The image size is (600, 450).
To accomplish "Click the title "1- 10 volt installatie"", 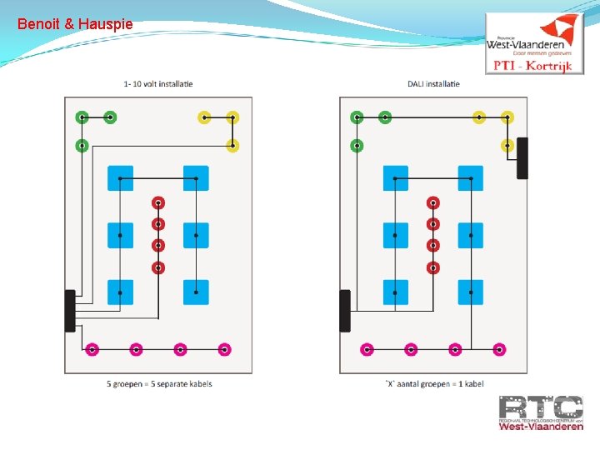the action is click(157, 83).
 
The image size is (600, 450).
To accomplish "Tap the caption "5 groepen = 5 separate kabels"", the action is click(159, 384).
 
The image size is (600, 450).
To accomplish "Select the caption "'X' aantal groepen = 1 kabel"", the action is click(433, 384).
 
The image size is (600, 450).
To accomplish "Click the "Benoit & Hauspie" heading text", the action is click(74, 24).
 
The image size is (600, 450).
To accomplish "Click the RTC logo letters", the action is click(541, 408).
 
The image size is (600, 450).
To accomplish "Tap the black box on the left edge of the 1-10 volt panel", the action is click(70, 311).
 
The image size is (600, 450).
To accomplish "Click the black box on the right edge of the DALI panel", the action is click(522, 157).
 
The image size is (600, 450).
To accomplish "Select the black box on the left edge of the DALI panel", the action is click(345, 311).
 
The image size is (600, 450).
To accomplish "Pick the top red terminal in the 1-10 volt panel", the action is click(158, 202).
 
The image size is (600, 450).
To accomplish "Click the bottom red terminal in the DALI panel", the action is click(432, 267).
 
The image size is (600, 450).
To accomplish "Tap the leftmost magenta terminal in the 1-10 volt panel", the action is click(92, 349).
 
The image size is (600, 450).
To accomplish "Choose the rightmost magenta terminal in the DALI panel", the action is click(499, 349).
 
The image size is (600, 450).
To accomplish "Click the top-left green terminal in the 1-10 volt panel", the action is click(82, 117).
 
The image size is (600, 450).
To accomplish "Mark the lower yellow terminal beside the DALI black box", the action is click(507, 146).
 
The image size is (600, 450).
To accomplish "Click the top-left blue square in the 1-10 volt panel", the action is click(120, 178).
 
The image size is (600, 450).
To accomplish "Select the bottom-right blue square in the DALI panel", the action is click(471, 292).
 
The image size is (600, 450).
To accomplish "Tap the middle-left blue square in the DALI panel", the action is click(396, 236).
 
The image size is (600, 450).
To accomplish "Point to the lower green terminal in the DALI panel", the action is click(357, 146).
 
